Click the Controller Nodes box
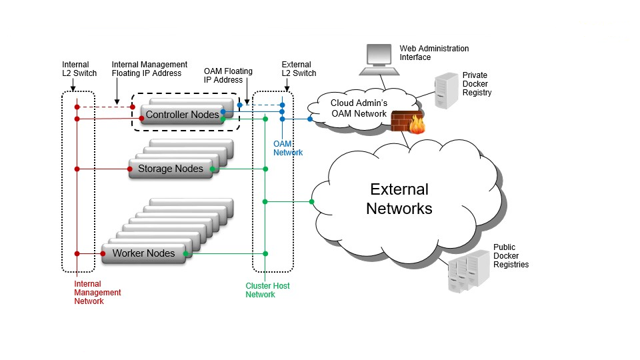182,115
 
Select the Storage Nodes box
170,169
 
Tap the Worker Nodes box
143,253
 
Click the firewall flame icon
417,125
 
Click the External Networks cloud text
399,199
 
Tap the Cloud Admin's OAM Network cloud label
359,108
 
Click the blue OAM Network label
288,148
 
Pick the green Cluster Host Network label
267,290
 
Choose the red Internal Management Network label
97,292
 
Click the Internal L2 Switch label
79,69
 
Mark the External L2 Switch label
299,69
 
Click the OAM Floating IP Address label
229,75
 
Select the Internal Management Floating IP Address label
149,69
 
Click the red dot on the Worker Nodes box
103,253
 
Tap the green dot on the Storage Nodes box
212,169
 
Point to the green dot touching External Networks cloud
311,201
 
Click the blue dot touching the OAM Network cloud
311,119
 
